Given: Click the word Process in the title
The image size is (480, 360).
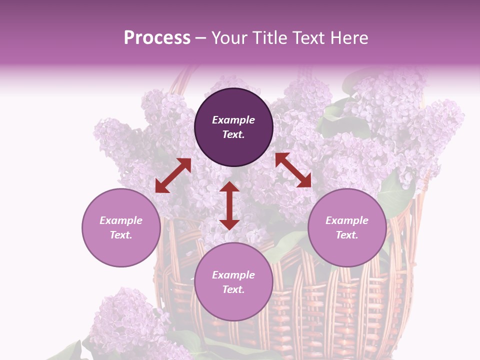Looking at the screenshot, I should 157,38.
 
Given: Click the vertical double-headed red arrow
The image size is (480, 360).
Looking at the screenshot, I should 229,205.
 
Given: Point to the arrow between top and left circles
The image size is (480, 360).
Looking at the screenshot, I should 173,175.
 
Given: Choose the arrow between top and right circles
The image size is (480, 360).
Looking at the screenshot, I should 293,170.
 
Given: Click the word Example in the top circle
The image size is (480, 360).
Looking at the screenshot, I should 233,120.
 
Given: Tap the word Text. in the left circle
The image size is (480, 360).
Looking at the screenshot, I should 121,235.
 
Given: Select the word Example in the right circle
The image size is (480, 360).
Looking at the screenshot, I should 347,220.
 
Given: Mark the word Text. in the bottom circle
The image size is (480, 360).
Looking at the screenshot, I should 233,289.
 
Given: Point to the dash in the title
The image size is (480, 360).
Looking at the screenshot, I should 201,38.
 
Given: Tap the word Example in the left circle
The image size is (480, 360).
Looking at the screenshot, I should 121,220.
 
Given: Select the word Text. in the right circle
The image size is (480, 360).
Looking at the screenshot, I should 347,235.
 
